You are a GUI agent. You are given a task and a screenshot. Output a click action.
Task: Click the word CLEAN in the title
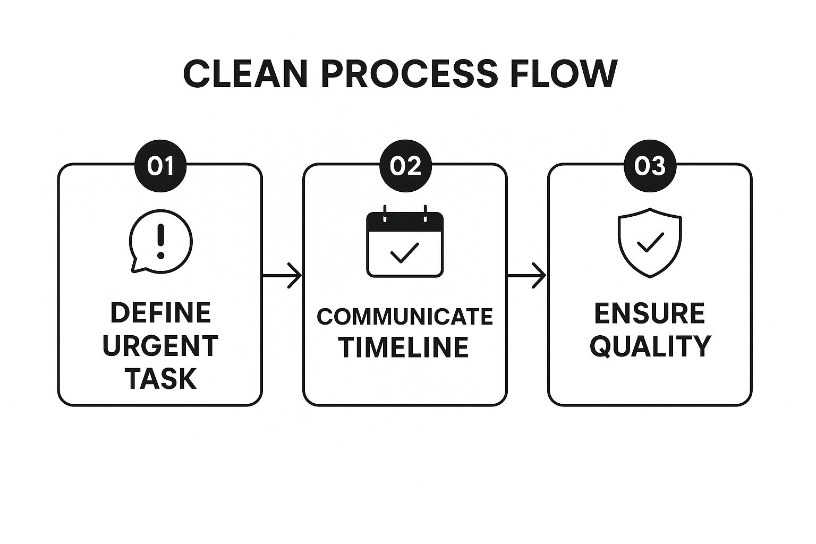[x=245, y=74]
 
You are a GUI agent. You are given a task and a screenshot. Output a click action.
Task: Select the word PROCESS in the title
[x=409, y=74]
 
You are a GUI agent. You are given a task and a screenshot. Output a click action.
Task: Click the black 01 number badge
[x=160, y=166]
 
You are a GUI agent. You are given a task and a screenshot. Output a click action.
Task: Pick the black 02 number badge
[x=405, y=166]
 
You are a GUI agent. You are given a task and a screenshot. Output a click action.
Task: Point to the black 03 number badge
[x=650, y=166]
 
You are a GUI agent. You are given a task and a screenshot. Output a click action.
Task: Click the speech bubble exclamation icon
[x=160, y=241]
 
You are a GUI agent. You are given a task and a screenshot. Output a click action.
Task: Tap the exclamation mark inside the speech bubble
[x=160, y=241]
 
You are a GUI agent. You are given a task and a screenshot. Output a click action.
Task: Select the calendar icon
[x=405, y=241]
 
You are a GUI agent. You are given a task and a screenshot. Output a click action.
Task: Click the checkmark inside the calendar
[x=404, y=252]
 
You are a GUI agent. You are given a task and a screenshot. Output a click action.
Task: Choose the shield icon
[x=650, y=243]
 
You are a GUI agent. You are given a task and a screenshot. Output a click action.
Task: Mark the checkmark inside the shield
[x=650, y=242]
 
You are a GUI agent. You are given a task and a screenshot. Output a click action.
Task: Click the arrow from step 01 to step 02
[x=282, y=276]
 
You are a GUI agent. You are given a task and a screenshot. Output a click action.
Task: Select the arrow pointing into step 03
[x=527, y=276]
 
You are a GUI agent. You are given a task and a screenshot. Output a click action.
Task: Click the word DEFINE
[x=160, y=312]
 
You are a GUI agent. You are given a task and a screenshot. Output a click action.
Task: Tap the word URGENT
[x=160, y=346]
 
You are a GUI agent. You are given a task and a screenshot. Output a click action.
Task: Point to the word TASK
[x=160, y=379]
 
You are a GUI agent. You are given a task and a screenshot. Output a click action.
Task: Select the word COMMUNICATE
[x=405, y=316]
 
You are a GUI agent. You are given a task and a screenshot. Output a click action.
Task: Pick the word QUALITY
[x=650, y=346]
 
